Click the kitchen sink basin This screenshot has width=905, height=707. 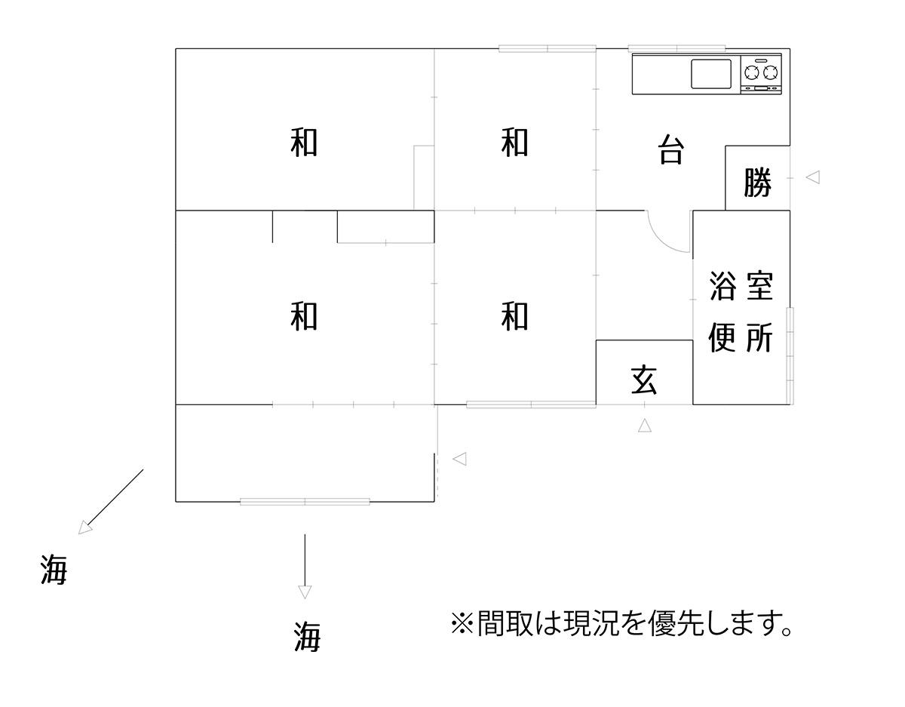pos(711,74)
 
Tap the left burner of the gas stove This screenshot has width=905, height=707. pos(751,73)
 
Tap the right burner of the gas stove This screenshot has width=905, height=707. pos(770,73)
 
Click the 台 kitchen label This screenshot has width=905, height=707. pos(671,149)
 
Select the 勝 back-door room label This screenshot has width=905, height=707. pos(758,182)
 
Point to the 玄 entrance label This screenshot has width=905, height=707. pos(644,380)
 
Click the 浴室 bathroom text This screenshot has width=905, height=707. pos(741,285)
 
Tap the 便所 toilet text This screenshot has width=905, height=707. pos(741,337)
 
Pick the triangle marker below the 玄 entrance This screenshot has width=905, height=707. pos(645,426)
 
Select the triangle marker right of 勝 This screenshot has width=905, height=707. pos(813,177)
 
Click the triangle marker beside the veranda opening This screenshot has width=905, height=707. pos(459,459)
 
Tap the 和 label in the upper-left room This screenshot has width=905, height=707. pos(304,143)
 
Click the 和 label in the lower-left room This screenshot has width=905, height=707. pos(304,317)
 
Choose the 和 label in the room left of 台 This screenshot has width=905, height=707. pos(515,143)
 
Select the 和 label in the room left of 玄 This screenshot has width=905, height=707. pos(515,317)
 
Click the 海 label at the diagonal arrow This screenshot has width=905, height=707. pos(54,570)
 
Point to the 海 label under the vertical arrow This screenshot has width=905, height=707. pos(308,637)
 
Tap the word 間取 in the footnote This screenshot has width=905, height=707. pos(505,624)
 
